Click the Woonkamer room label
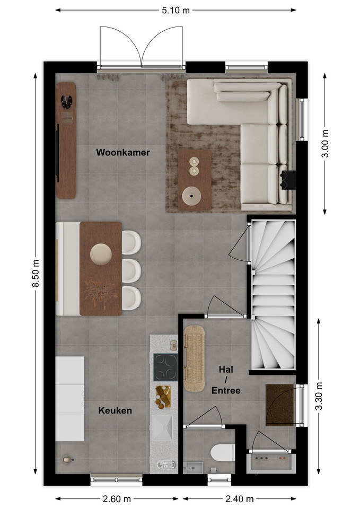coord(122,152)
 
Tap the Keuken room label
coord(115,410)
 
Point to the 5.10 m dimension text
coord(175,10)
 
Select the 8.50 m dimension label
coord(36,274)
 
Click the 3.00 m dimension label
coord(324,144)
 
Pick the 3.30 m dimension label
coord(319,396)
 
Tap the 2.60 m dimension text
coord(117,498)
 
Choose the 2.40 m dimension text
coord(240,498)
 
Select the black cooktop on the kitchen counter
coord(165,367)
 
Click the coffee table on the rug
coord(195,180)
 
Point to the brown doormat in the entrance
coord(279,405)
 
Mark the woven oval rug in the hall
coord(194,358)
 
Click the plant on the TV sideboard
coord(67,101)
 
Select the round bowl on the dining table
coord(101,254)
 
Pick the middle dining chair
coord(131,270)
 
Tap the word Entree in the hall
coord(226,390)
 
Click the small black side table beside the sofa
coord(288,179)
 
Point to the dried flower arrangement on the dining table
coord(100,292)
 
